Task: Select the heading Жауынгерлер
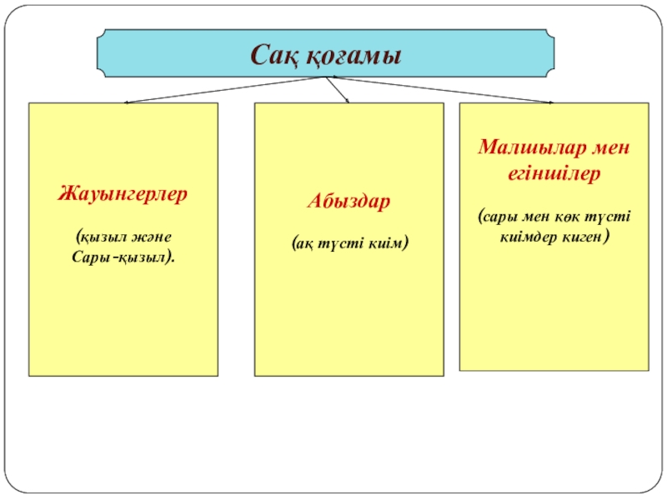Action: [x=123, y=193]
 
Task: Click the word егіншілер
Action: [x=554, y=176]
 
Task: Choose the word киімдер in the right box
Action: [x=529, y=237]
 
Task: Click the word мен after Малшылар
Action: [x=610, y=147]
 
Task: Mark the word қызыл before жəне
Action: [x=108, y=237]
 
